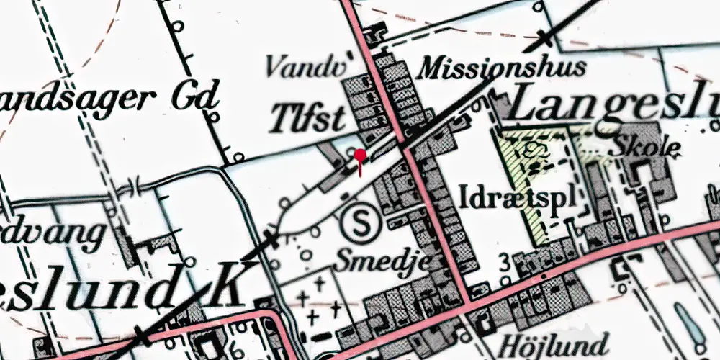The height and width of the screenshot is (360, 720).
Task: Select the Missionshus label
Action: coord(503,68)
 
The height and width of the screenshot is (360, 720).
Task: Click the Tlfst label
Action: coord(307,118)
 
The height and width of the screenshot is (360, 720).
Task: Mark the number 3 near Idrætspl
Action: coord(501,261)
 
